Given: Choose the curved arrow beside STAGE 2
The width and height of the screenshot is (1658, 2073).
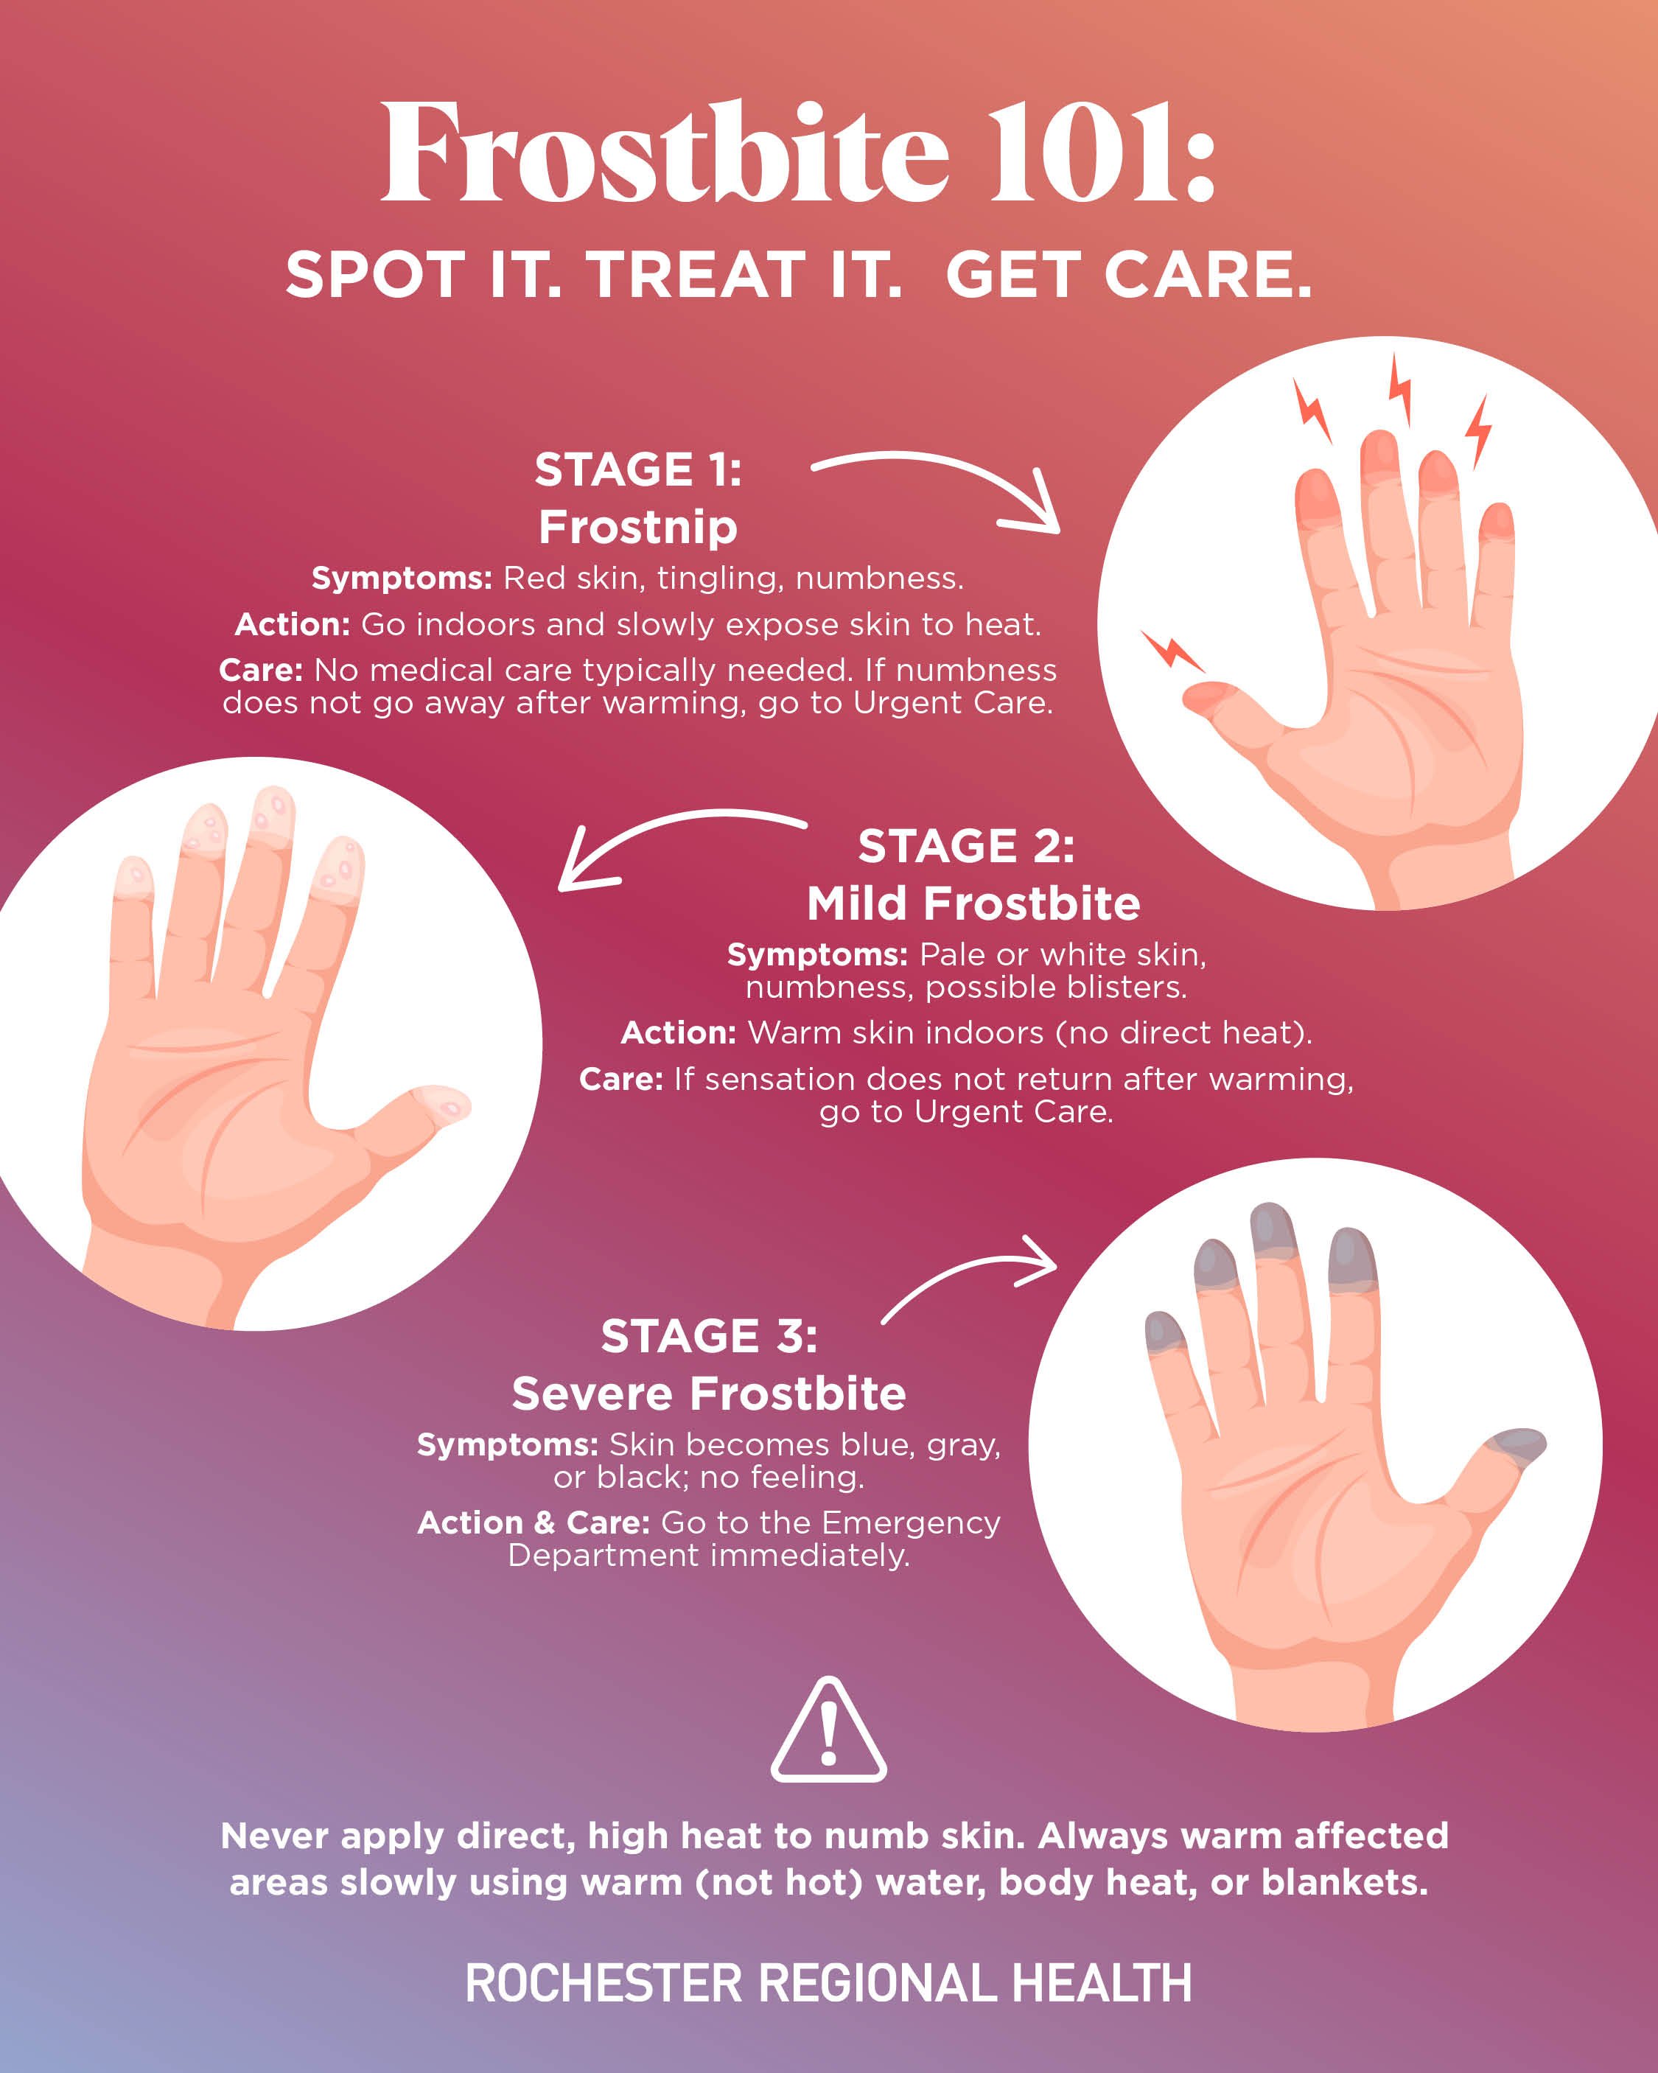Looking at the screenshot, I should pyautogui.click(x=674, y=842).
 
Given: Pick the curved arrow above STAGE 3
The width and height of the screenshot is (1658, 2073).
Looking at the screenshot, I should pyautogui.click(x=971, y=1275).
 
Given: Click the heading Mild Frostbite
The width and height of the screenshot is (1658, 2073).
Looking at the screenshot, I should pyautogui.click(x=973, y=903).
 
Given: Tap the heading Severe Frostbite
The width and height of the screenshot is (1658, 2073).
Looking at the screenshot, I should pyautogui.click(x=709, y=1394).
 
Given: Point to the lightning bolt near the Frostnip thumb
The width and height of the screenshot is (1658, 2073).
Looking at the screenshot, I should pyautogui.click(x=1170, y=650).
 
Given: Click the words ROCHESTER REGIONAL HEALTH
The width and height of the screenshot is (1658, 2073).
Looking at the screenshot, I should pyautogui.click(x=828, y=1984).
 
